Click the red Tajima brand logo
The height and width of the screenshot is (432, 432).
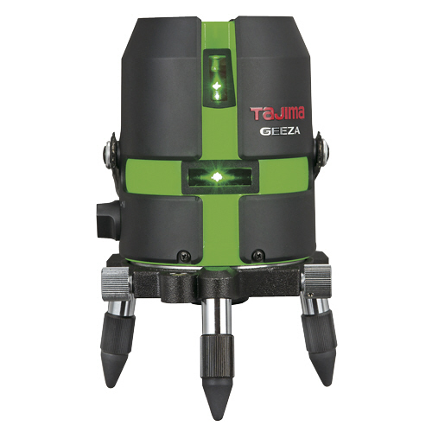pos(278,112)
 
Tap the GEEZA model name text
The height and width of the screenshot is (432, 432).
pos(280,131)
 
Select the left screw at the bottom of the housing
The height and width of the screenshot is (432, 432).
pos(183,255)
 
